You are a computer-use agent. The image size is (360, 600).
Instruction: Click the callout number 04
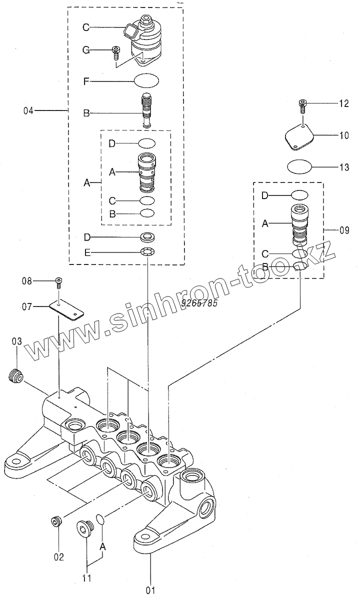(x=28, y=110)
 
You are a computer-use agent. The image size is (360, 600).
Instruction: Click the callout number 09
(x=344, y=230)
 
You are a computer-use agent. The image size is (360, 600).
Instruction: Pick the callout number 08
(x=26, y=281)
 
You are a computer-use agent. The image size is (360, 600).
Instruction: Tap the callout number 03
(x=17, y=341)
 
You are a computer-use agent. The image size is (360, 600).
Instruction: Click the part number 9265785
(x=199, y=302)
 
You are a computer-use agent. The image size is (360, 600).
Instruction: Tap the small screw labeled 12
(x=303, y=104)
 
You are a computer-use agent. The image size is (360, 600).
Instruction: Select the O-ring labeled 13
(x=298, y=166)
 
